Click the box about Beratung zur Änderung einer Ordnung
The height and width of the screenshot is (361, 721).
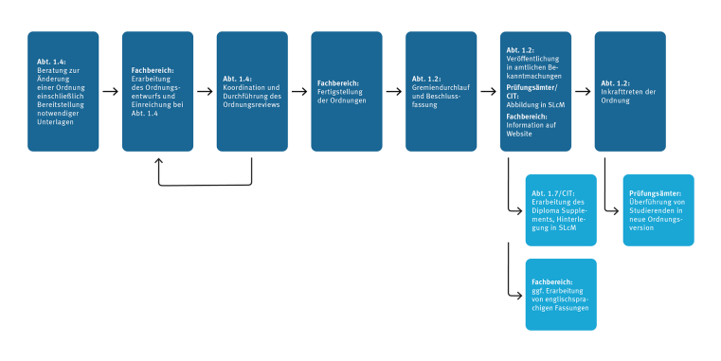tap(63, 91)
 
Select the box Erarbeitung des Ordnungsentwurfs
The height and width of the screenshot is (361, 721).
tap(157, 91)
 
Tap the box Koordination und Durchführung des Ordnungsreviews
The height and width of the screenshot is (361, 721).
tap(252, 91)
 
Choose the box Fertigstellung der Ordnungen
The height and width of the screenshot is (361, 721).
tap(347, 91)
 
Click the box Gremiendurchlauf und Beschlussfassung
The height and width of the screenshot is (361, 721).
tap(441, 91)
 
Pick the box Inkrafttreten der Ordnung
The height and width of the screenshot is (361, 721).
tap(630, 91)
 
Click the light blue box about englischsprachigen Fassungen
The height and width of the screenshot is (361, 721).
tap(562, 294)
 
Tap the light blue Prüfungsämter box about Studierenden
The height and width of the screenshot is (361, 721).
tap(658, 209)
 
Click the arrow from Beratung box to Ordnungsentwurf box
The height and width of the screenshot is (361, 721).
tap(110, 92)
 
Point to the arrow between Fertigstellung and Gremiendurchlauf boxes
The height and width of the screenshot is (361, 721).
tap(394, 92)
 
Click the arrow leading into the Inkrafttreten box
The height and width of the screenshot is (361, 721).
tap(583, 92)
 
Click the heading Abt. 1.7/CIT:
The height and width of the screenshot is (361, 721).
tap(552, 191)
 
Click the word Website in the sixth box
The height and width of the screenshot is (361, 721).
tap(518, 135)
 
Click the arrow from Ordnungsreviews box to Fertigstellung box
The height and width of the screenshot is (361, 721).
tap(299, 92)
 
